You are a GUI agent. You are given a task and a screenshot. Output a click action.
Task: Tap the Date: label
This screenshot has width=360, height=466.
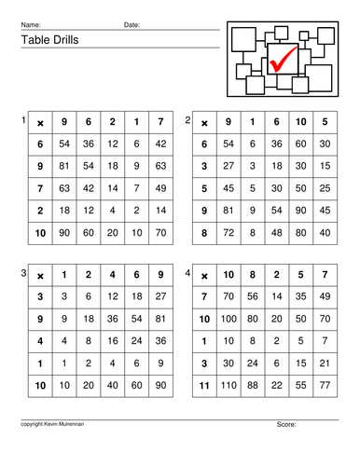pos(132,23)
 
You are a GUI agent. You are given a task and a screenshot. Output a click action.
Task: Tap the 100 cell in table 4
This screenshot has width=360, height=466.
pos(228,320)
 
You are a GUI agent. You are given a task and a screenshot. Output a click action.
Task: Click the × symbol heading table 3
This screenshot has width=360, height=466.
pos(40,276)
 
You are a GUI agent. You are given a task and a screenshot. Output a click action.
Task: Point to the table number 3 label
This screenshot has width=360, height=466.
pos(24,272)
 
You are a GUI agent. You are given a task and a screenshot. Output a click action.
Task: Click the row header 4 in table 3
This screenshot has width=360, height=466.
pos(40,341)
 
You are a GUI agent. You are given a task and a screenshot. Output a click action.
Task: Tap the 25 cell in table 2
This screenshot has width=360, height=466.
pos(325,188)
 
